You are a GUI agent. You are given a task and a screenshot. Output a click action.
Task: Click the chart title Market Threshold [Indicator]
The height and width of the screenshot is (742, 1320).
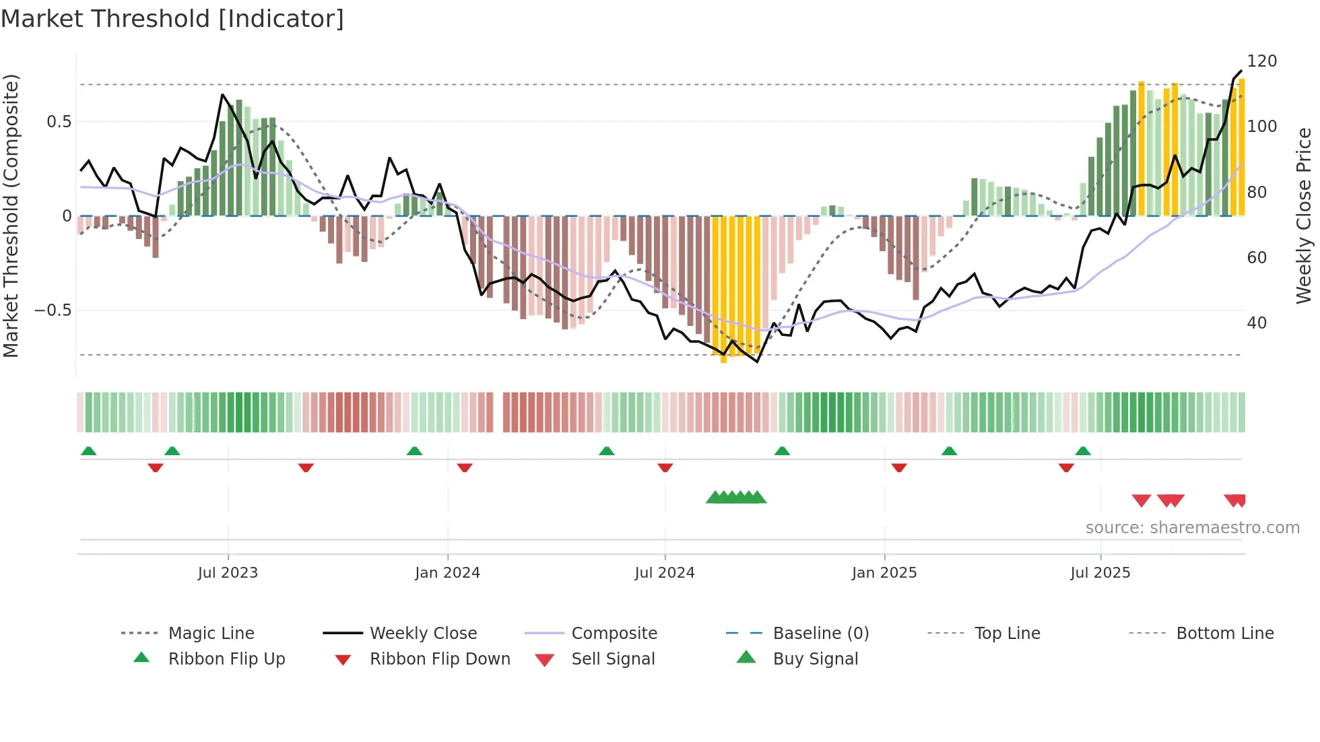coord(172,19)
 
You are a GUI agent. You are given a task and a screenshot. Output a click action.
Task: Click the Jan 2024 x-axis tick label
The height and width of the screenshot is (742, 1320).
coord(447,573)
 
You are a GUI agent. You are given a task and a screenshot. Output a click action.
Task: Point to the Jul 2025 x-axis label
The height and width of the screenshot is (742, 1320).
coord(1100,573)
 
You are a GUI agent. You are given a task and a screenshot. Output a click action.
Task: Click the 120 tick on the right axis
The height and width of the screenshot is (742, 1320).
coord(1261,61)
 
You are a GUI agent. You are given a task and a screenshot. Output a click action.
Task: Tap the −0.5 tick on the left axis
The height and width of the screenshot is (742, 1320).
coord(53,310)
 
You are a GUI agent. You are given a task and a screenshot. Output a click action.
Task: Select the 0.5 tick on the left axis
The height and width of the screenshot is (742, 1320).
coord(59,122)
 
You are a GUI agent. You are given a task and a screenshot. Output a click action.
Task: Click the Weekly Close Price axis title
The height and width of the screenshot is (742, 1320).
coord(1304,215)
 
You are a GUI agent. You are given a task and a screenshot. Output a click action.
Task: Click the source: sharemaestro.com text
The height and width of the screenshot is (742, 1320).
coord(1192,528)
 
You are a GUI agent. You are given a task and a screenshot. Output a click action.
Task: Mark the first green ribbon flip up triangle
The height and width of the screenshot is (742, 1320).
coord(88,451)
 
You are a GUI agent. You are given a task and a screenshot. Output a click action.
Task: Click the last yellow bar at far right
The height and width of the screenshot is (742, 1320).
coord(1241,148)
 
